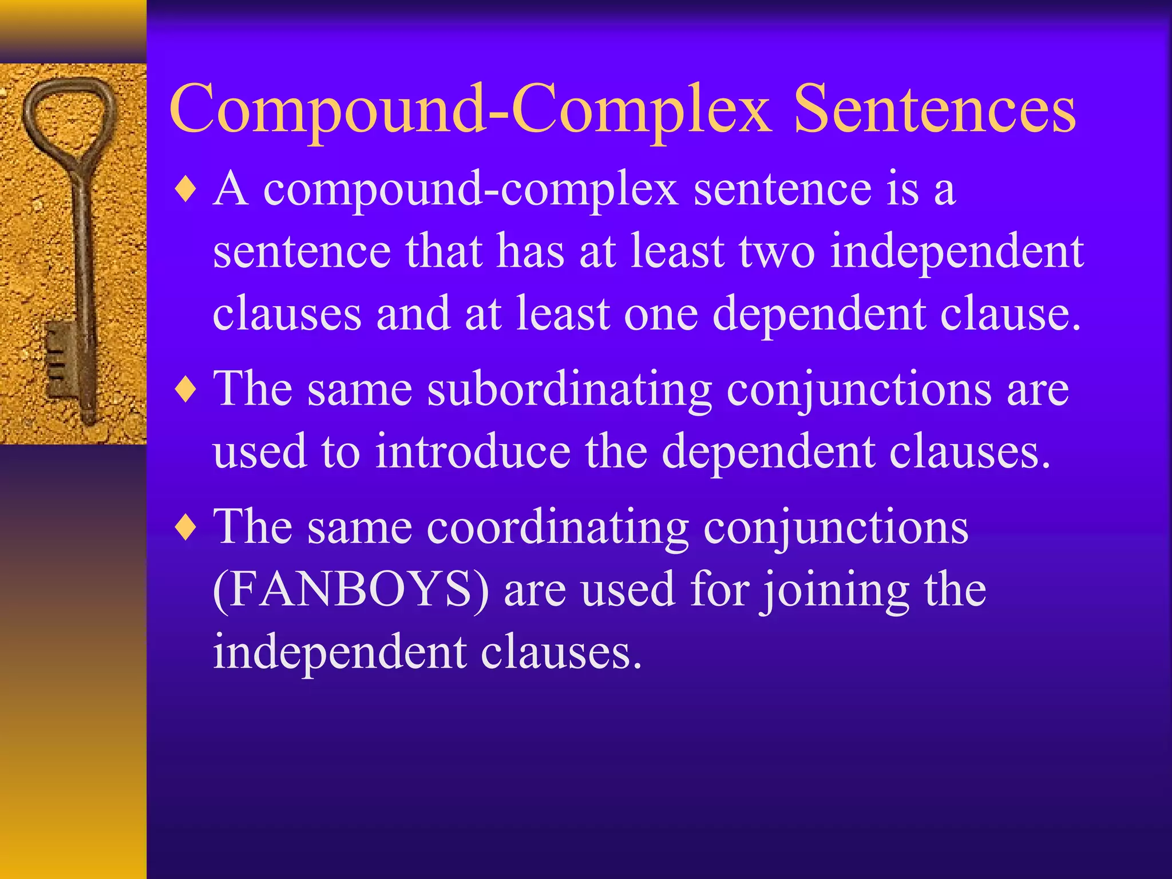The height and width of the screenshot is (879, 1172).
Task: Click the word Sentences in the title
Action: coord(935,109)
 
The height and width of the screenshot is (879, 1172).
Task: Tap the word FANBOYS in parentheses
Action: coord(350,590)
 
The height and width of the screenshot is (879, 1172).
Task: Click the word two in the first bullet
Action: coord(777,252)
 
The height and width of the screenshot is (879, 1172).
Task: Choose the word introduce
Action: coord(473,452)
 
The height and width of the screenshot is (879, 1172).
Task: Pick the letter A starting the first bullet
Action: coord(231,189)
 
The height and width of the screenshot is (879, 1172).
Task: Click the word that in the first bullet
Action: coord(444,252)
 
